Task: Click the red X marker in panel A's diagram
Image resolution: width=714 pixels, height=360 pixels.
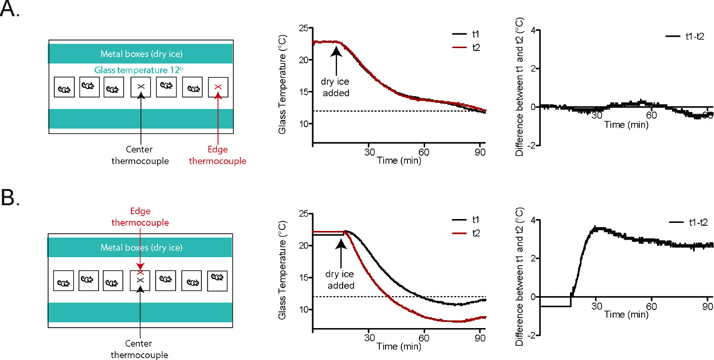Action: pyautogui.click(x=218, y=87)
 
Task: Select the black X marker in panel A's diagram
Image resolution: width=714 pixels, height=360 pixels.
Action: pyautogui.click(x=140, y=87)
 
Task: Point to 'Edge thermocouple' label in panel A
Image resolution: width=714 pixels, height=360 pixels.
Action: pyautogui.click(x=218, y=156)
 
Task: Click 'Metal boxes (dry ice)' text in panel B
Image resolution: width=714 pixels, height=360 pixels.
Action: pyautogui.click(x=140, y=248)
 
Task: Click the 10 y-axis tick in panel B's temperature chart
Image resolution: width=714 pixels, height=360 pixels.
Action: pyautogui.click(x=303, y=310)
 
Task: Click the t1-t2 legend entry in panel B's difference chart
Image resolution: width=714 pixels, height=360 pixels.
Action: pyautogui.click(x=689, y=222)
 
